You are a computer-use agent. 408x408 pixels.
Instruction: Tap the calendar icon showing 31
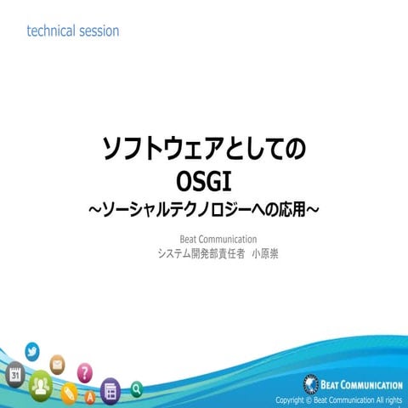pos(15,374)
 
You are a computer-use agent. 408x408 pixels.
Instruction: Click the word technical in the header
pos(53,31)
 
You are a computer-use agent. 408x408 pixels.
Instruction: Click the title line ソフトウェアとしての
pos(203,151)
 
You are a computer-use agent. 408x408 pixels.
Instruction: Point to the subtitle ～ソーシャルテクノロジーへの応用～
pos(203,208)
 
